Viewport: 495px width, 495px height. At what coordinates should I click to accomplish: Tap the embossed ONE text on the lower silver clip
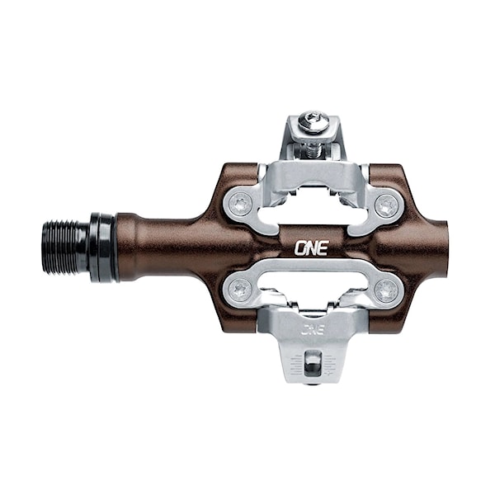[312, 329]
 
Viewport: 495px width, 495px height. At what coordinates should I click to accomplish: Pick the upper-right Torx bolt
[386, 205]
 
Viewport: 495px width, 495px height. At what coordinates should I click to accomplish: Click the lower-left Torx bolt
[240, 290]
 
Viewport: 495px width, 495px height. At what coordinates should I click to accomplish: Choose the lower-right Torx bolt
[386, 290]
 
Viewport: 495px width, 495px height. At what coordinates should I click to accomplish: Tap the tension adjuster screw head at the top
[313, 121]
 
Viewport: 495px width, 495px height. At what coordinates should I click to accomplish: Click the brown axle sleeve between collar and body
[157, 247]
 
